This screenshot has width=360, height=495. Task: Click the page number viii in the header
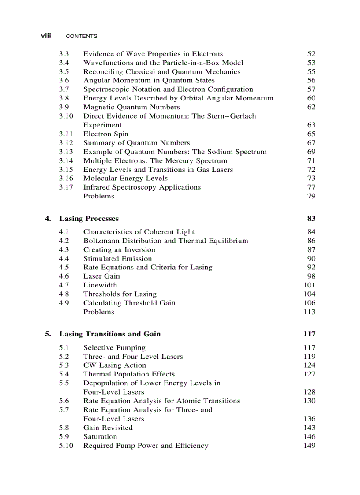tap(46, 36)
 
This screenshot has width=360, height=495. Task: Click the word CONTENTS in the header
tap(81, 36)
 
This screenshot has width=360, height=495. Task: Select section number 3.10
tap(66, 116)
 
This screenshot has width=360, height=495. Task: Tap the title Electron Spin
tap(106, 134)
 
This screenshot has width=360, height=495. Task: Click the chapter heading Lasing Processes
tap(89, 219)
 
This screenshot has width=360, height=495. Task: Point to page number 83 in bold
tap(311, 219)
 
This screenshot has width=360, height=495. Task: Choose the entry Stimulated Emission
tap(117, 259)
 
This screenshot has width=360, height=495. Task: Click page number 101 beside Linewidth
tap(309, 285)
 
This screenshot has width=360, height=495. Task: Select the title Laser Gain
tap(101, 276)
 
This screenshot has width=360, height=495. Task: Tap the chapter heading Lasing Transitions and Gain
tap(110, 334)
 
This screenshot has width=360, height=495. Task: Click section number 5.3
tap(64, 365)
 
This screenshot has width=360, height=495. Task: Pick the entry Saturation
tap(100, 437)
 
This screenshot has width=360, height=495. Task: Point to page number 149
tap(309, 446)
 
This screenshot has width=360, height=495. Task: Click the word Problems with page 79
tap(99, 196)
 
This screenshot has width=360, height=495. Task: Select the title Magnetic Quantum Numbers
tap(131, 107)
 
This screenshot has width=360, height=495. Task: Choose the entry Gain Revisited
tap(108, 428)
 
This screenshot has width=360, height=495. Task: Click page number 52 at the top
tap(311, 54)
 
